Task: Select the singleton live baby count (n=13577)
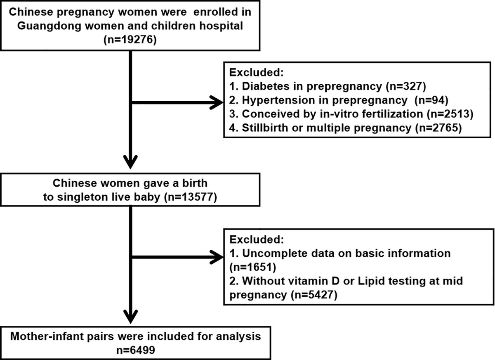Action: (x=193, y=197)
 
